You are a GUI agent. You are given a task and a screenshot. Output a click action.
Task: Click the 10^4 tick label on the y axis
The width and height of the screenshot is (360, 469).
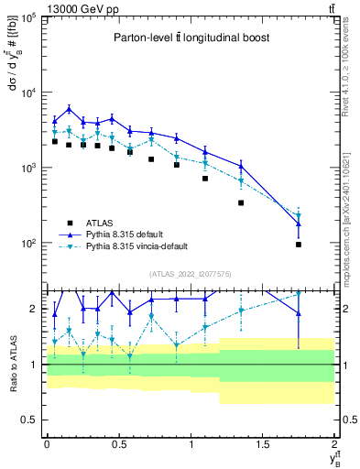(27, 93)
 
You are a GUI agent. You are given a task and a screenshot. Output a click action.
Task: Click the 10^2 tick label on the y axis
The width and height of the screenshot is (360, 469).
(27, 244)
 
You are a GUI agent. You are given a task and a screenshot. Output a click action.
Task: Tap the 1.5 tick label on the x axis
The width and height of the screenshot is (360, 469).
(263, 442)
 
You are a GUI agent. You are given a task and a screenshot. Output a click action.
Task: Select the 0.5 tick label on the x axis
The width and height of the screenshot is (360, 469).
(118, 442)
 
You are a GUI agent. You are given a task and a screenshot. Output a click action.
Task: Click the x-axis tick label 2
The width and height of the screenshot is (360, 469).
(334, 442)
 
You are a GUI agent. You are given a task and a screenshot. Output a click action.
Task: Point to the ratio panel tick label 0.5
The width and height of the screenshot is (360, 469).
(31, 420)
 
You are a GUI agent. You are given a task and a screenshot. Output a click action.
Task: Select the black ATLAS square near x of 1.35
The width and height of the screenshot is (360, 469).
(241, 202)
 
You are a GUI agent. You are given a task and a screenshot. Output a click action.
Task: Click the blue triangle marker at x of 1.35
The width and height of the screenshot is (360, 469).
(241, 166)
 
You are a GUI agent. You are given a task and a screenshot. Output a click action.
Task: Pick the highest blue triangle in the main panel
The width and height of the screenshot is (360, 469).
(69, 109)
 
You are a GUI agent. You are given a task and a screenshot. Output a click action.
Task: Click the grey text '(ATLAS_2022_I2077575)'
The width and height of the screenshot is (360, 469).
(190, 273)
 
